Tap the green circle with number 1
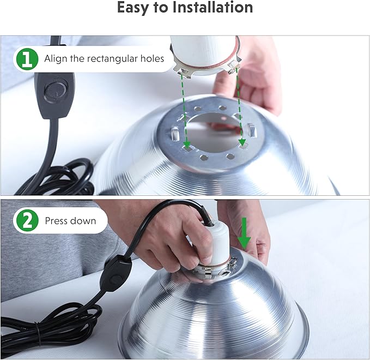click(x=26, y=58)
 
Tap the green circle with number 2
click(x=26, y=221)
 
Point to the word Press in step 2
click(x=56, y=221)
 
